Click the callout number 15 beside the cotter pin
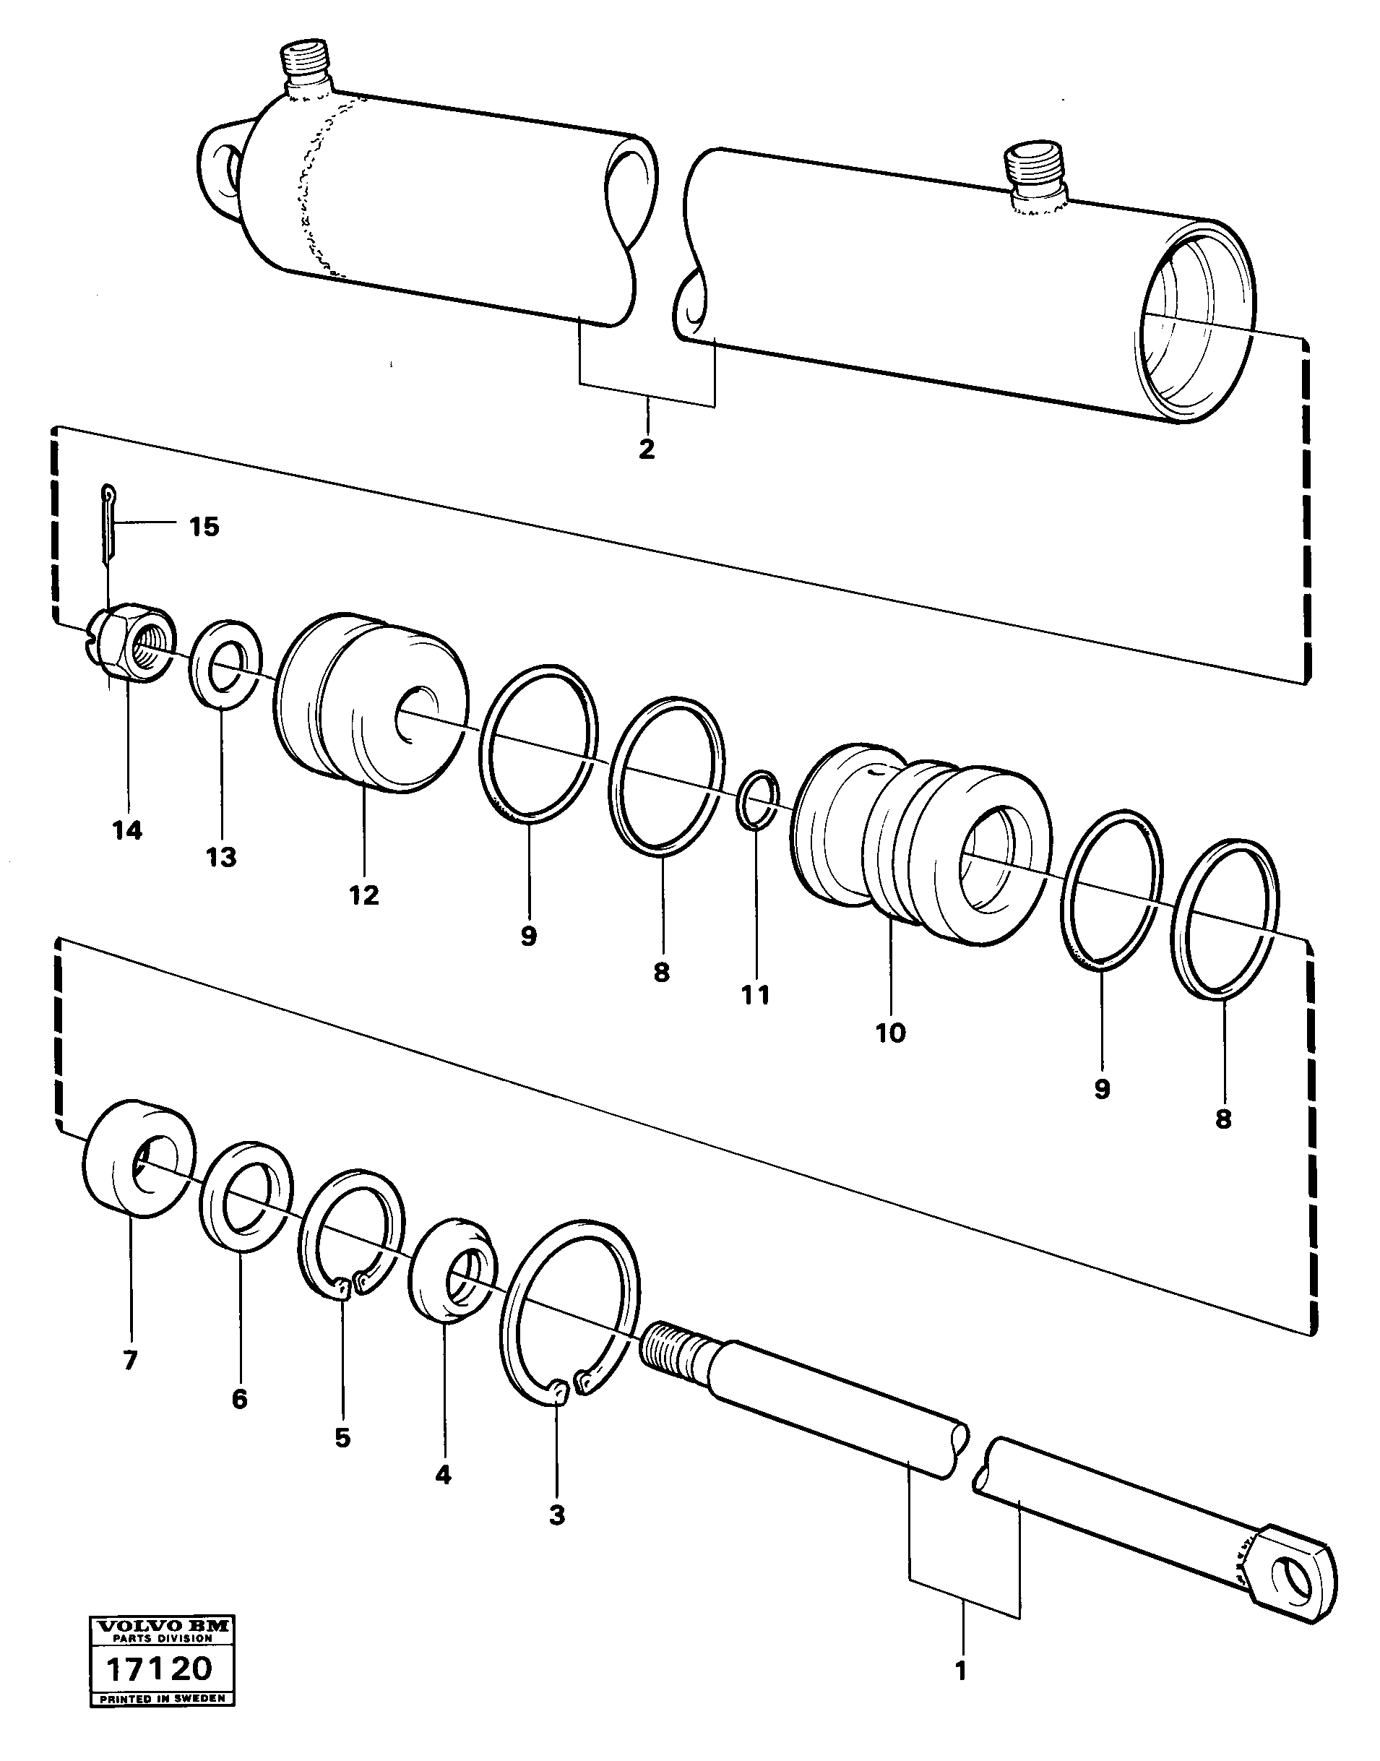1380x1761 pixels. tap(204, 528)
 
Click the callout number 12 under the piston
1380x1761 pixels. tap(363, 895)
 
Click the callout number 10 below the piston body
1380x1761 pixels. tap(890, 1033)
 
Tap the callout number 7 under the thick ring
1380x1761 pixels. tap(130, 1360)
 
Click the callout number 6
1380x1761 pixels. tap(239, 1399)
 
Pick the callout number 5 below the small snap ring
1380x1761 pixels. tap(342, 1438)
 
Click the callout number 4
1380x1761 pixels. tap(442, 1475)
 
